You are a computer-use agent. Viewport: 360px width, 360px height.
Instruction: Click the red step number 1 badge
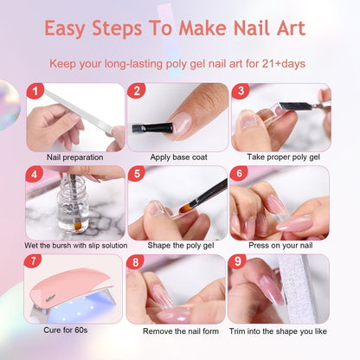(35, 91)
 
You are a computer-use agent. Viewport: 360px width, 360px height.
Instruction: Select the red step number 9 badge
(237, 262)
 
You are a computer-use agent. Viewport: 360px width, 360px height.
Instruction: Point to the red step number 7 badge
(35, 262)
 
